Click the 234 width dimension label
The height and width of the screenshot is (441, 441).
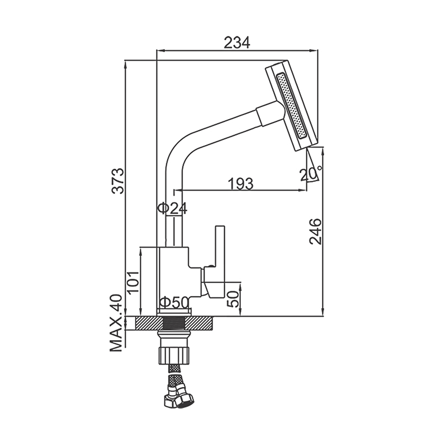(237, 44)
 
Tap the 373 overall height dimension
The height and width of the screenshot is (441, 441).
(117, 181)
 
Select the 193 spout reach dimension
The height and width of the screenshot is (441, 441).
(241, 184)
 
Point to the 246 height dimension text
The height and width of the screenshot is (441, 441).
(315, 231)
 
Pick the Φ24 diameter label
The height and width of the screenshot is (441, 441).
(172, 208)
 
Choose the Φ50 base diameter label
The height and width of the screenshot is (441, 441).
(174, 303)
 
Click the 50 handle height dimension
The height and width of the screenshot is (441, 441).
(233, 299)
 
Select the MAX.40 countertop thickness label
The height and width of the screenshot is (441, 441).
(116, 323)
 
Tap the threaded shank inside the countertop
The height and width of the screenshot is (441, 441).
(174, 323)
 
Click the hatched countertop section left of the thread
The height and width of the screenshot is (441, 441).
(149, 323)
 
